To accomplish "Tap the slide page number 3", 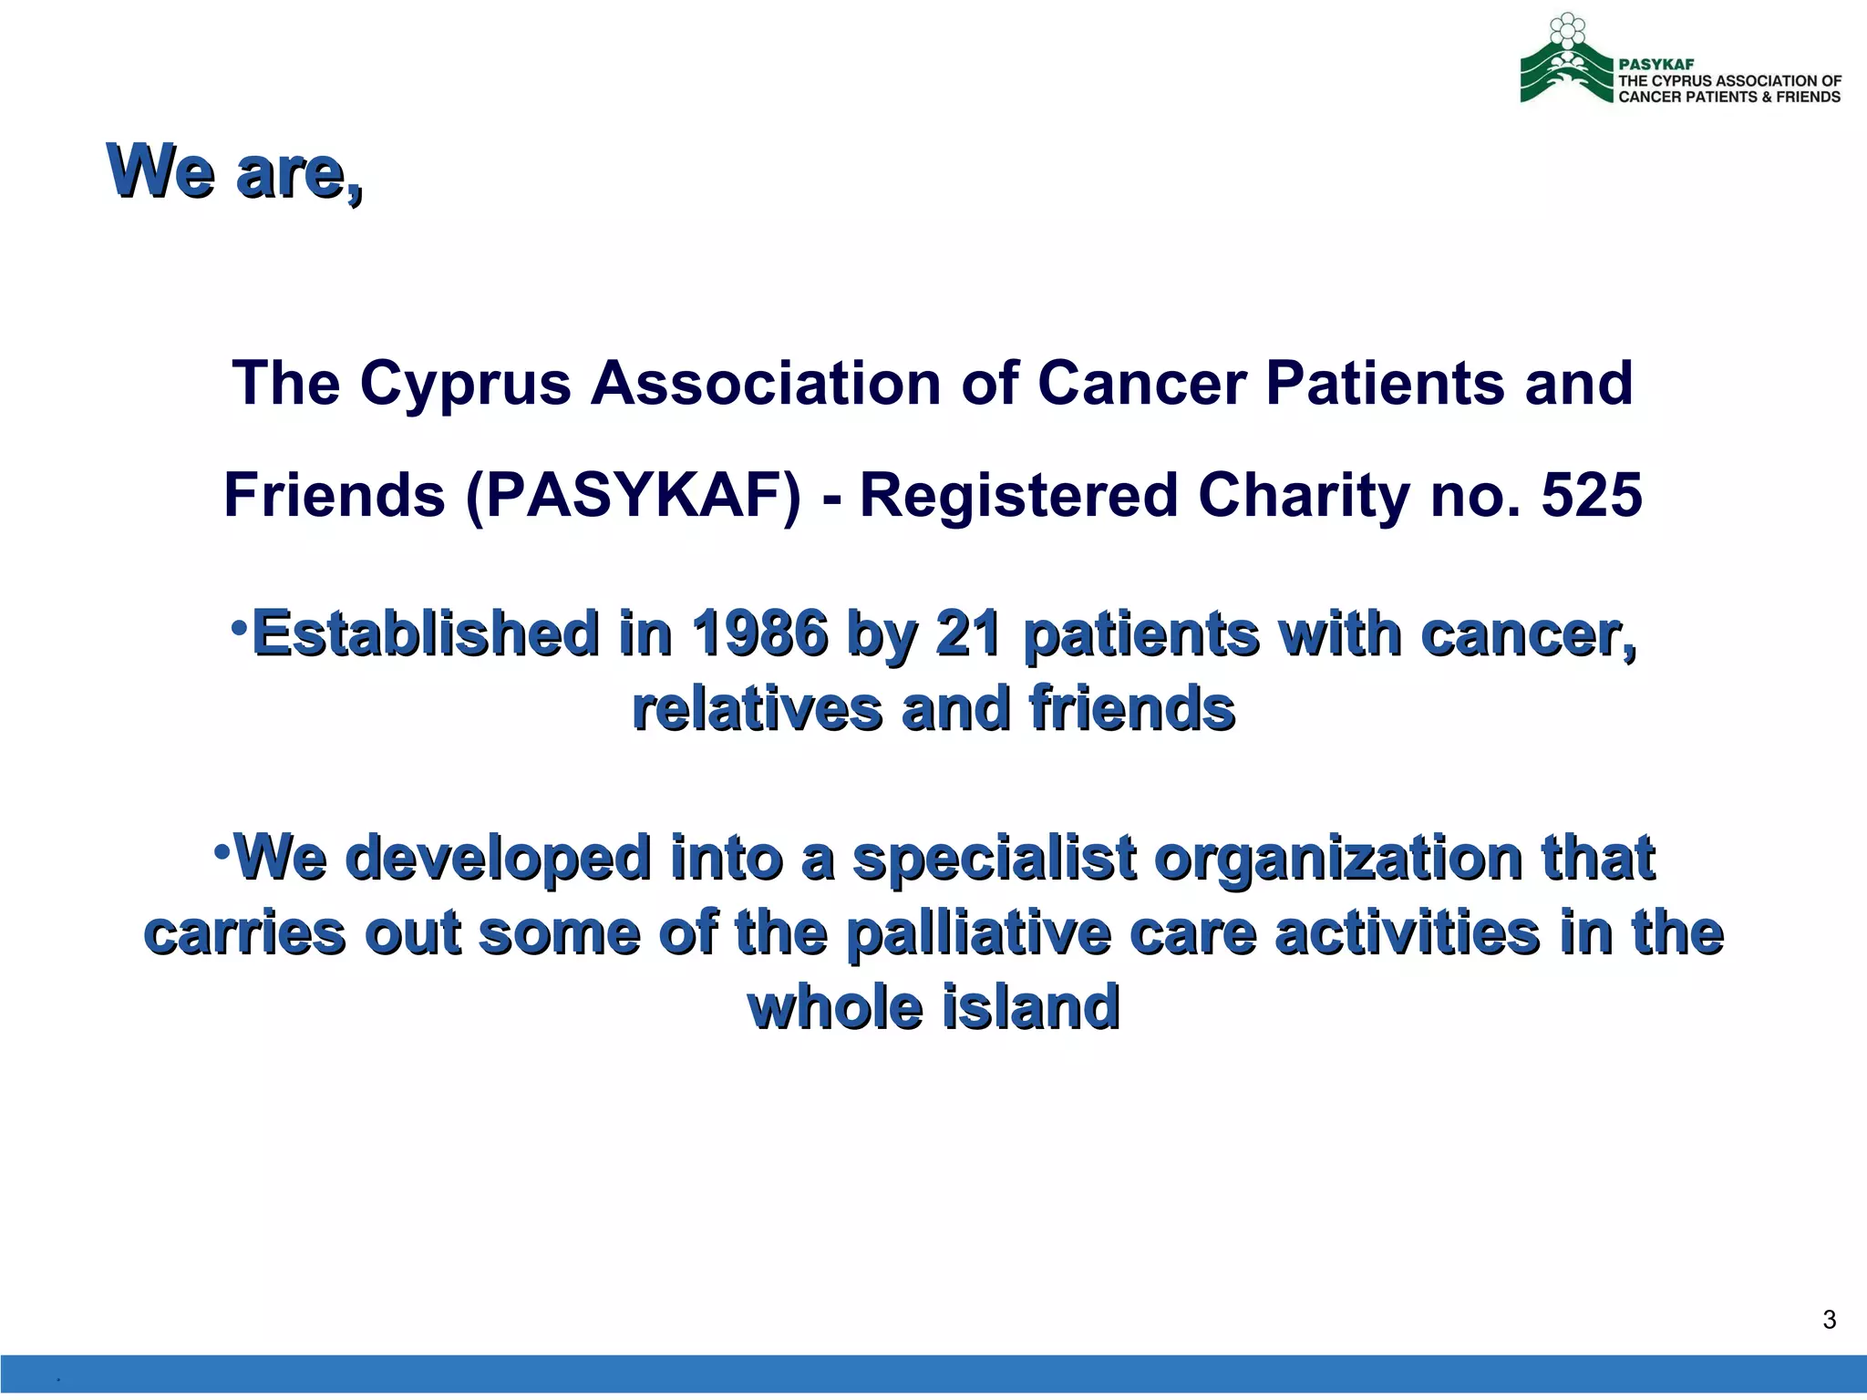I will click(x=1829, y=1320).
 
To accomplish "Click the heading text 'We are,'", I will click(x=235, y=171).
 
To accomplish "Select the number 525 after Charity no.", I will click(x=1592, y=496).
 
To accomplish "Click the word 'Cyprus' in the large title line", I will click(x=465, y=384).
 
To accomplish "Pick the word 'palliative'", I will click(x=978, y=934).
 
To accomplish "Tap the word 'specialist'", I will click(x=995, y=860).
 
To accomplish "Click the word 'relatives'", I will click(x=758, y=709).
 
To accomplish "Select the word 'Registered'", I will click(x=1019, y=496).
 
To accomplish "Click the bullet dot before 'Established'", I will click(x=239, y=627).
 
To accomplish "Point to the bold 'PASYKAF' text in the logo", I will click(x=1656, y=65).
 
